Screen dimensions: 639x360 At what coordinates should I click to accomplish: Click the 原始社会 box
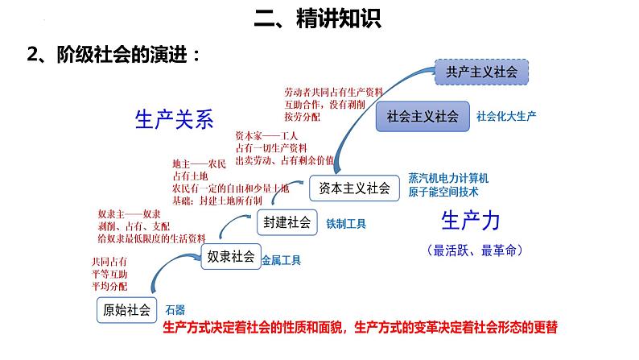coord(126,310)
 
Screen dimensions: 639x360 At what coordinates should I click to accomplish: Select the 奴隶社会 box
coord(230,258)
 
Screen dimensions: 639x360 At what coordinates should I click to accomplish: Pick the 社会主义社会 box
coord(423,116)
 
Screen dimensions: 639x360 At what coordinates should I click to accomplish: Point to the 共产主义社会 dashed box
coord(481,72)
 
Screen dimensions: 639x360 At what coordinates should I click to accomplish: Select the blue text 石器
coord(175,309)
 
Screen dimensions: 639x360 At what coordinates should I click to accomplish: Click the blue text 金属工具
coord(281,260)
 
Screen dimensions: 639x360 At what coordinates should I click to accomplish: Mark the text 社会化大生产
coord(506,116)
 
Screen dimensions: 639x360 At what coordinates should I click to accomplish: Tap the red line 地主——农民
coord(200,162)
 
